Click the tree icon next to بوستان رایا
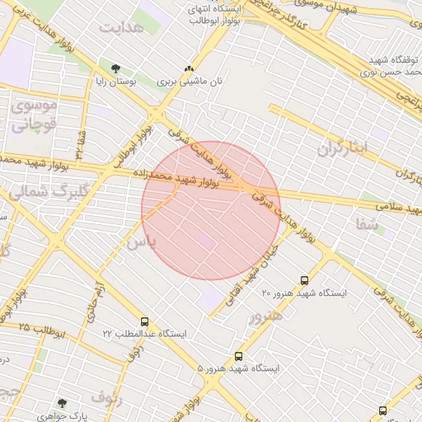pos(115,68)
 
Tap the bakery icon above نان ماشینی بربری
pos(190,68)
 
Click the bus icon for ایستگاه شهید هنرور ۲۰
pos(305,280)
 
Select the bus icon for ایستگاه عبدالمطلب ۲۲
pos(145,321)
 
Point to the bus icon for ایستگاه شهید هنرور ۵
pos(238,356)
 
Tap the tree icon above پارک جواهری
pos(61,403)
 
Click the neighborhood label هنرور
pos(265,316)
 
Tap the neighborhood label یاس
pos(140,242)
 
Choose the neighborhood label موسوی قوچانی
pos(31,116)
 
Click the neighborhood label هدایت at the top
pos(121,28)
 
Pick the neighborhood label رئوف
pos(107,398)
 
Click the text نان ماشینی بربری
pos(190,82)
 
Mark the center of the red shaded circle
pos(211,210)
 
